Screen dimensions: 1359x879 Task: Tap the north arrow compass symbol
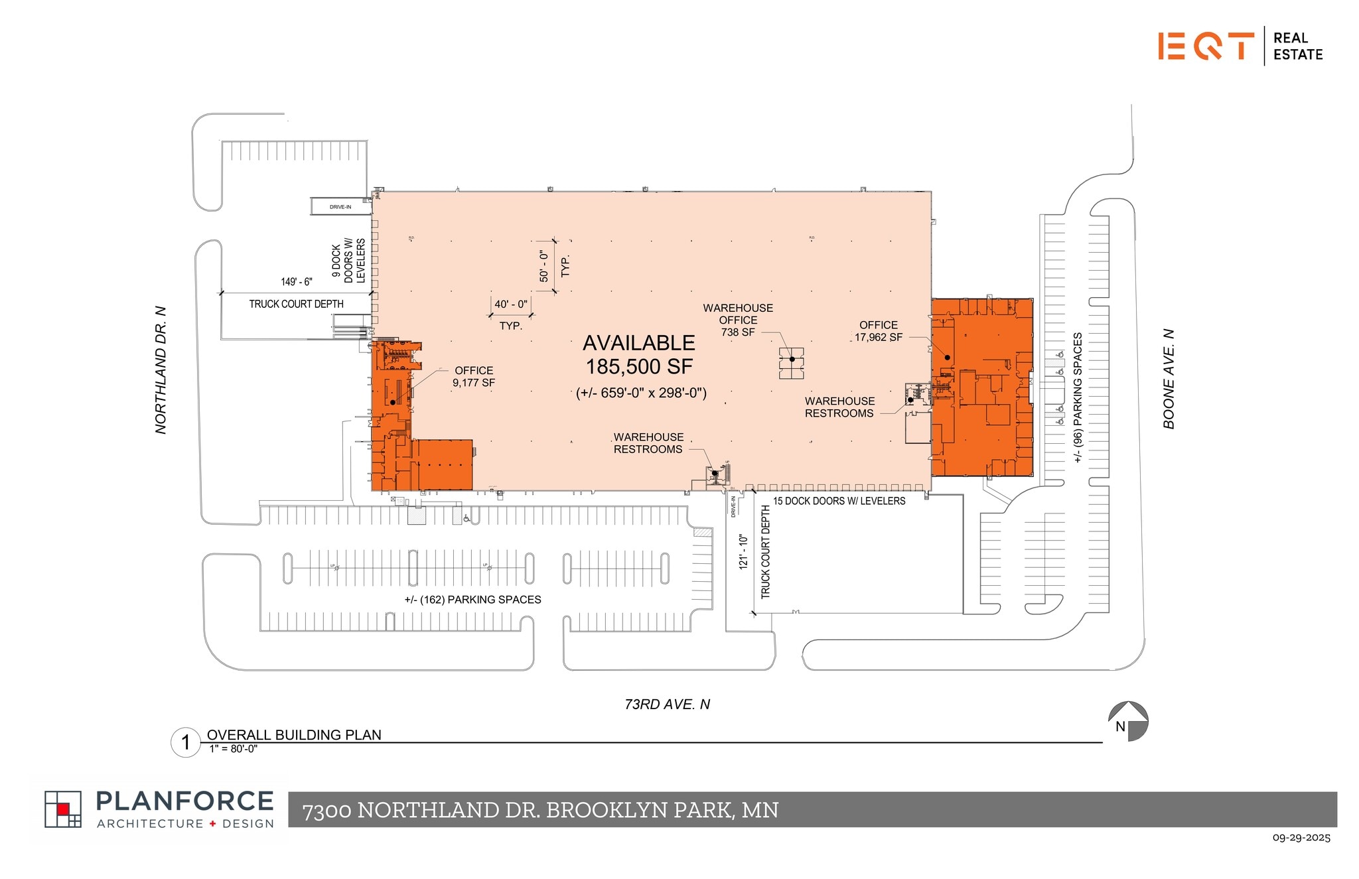click(x=1127, y=721)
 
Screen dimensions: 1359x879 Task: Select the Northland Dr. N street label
click(x=161, y=370)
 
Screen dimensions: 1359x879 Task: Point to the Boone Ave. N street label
click(x=1169, y=379)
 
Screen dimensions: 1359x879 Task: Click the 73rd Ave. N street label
click(x=667, y=705)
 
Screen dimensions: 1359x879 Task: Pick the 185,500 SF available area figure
click(x=638, y=366)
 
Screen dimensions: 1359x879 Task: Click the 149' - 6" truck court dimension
click(x=296, y=282)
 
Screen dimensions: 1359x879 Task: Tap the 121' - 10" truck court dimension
click(x=743, y=552)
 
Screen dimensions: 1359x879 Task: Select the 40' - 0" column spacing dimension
click(x=511, y=304)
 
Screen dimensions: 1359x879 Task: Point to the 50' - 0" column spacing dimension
click(x=544, y=265)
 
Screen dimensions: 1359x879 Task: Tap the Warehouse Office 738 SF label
click(x=738, y=320)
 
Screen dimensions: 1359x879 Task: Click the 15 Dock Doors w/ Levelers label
click(x=839, y=502)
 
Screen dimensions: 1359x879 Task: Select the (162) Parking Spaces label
click(x=472, y=600)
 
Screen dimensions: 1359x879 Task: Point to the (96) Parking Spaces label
click(x=1078, y=397)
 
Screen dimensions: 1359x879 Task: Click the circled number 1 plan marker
click(x=185, y=742)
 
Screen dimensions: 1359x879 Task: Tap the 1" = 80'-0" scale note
click(x=233, y=749)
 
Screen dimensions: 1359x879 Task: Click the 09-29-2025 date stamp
click(x=1301, y=838)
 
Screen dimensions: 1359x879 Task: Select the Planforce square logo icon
click(x=63, y=809)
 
